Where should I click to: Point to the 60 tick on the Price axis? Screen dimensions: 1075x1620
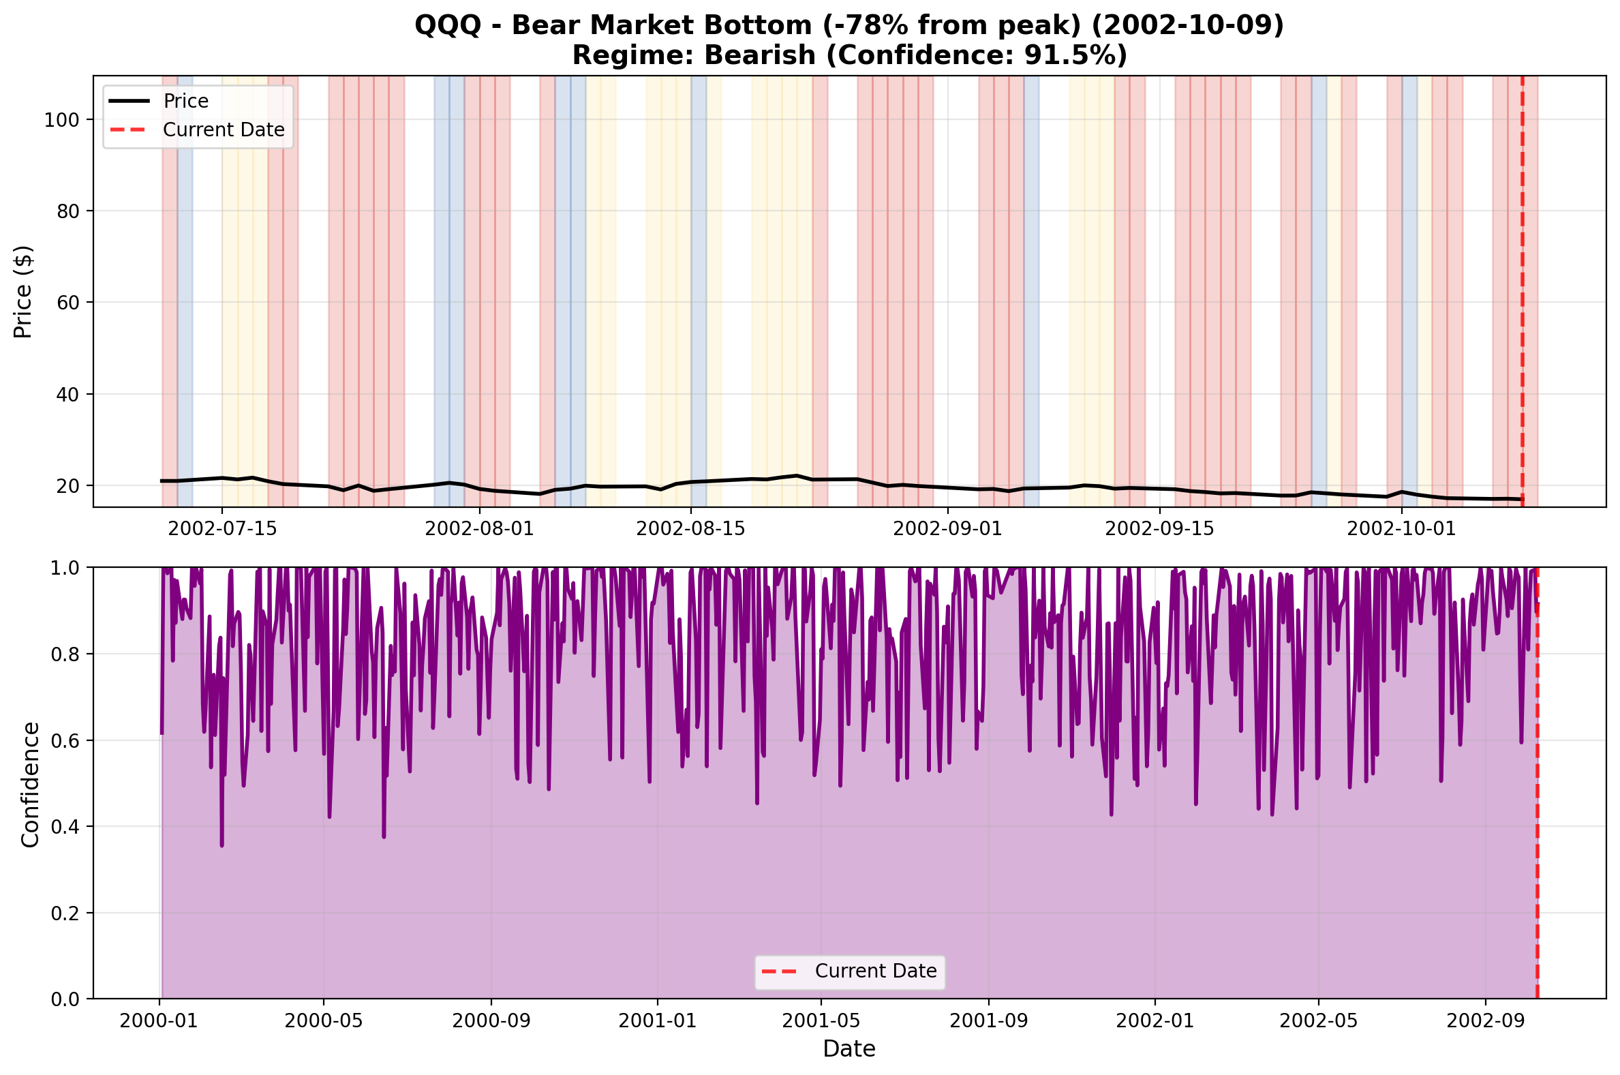[68, 303]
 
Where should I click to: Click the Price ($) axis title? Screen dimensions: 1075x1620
[22, 291]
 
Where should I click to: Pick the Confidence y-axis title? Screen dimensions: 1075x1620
[30, 785]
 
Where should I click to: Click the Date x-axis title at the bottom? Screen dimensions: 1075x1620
[849, 1049]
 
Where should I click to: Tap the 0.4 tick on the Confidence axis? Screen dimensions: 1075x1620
[65, 827]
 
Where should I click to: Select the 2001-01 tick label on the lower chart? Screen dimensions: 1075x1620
[657, 1021]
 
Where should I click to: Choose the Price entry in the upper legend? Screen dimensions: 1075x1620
[185, 102]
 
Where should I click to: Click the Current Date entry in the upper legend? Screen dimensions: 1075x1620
[224, 130]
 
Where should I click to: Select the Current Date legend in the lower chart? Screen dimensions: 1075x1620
[875, 971]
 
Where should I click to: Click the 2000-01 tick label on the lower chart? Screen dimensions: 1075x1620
[158, 1021]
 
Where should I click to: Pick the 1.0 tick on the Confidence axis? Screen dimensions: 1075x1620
[65, 569]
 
